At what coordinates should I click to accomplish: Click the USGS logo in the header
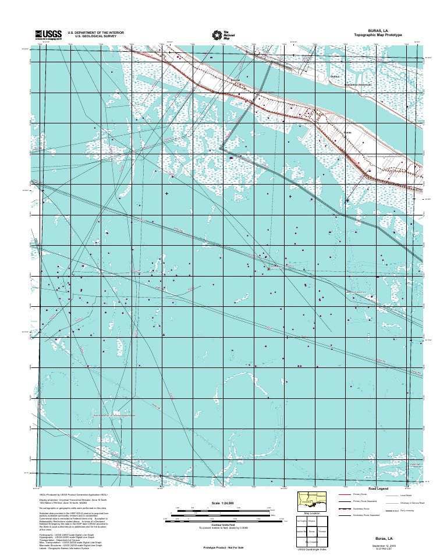[47, 34]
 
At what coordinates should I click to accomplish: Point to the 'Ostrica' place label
[335, 76]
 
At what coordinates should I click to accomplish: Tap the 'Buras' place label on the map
[348, 133]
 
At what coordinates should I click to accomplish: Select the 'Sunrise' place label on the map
[236, 80]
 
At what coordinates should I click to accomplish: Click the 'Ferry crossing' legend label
[406, 510]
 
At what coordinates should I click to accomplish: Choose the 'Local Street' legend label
[406, 494]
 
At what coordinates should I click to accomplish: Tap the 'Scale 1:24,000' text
[222, 503]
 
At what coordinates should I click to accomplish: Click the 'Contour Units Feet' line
[222, 525]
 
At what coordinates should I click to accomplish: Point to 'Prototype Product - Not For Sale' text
[223, 548]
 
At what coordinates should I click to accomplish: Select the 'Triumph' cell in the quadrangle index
[323, 531]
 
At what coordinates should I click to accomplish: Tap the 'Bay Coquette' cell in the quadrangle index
[312, 542]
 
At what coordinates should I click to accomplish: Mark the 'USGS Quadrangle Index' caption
[312, 550]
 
